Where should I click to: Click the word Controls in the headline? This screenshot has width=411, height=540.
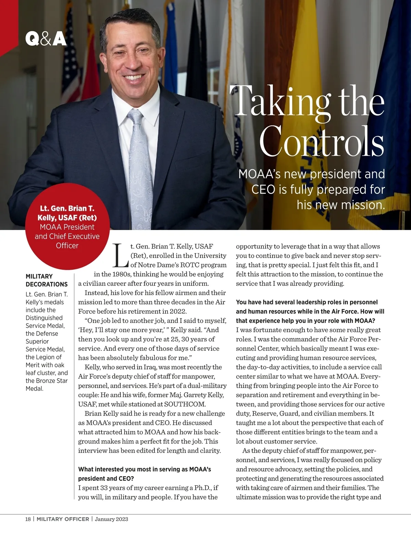point(321,141)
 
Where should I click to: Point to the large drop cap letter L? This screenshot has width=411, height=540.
point(121,255)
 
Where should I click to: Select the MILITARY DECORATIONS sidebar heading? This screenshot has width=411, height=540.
point(47,280)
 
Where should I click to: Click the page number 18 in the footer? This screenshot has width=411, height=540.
point(28,519)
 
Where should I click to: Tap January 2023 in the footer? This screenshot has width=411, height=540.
point(111,519)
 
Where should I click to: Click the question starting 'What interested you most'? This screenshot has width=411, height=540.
point(145,473)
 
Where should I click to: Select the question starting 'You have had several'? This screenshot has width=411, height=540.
point(310,311)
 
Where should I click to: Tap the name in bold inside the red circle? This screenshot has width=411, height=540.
point(67,213)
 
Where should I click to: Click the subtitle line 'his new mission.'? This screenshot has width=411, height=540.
point(341,205)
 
